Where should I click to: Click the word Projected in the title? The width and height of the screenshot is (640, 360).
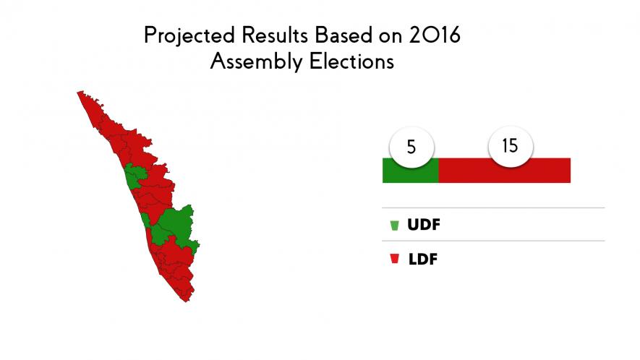(189, 36)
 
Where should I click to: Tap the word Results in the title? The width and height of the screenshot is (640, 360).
(275, 35)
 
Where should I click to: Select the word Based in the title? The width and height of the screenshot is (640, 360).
(344, 35)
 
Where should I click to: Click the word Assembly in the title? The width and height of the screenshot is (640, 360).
(256, 62)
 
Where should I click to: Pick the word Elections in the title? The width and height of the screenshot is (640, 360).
(351, 61)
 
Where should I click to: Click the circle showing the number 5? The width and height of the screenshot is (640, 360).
(411, 147)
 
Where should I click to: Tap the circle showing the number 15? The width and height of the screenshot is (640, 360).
(511, 146)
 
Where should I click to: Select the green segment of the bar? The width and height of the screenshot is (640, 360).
(410, 170)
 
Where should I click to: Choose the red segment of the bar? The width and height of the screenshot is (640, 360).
(505, 170)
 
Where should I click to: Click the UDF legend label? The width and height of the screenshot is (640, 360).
(424, 225)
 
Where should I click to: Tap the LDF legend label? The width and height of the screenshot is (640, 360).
(423, 260)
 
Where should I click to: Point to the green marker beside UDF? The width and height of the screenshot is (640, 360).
(394, 226)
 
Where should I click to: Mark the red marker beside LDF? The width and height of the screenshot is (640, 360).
(394, 258)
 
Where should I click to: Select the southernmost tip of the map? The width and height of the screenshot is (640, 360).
(187, 301)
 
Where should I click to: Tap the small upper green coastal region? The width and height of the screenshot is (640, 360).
(133, 176)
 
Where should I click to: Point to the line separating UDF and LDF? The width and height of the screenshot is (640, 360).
(493, 241)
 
